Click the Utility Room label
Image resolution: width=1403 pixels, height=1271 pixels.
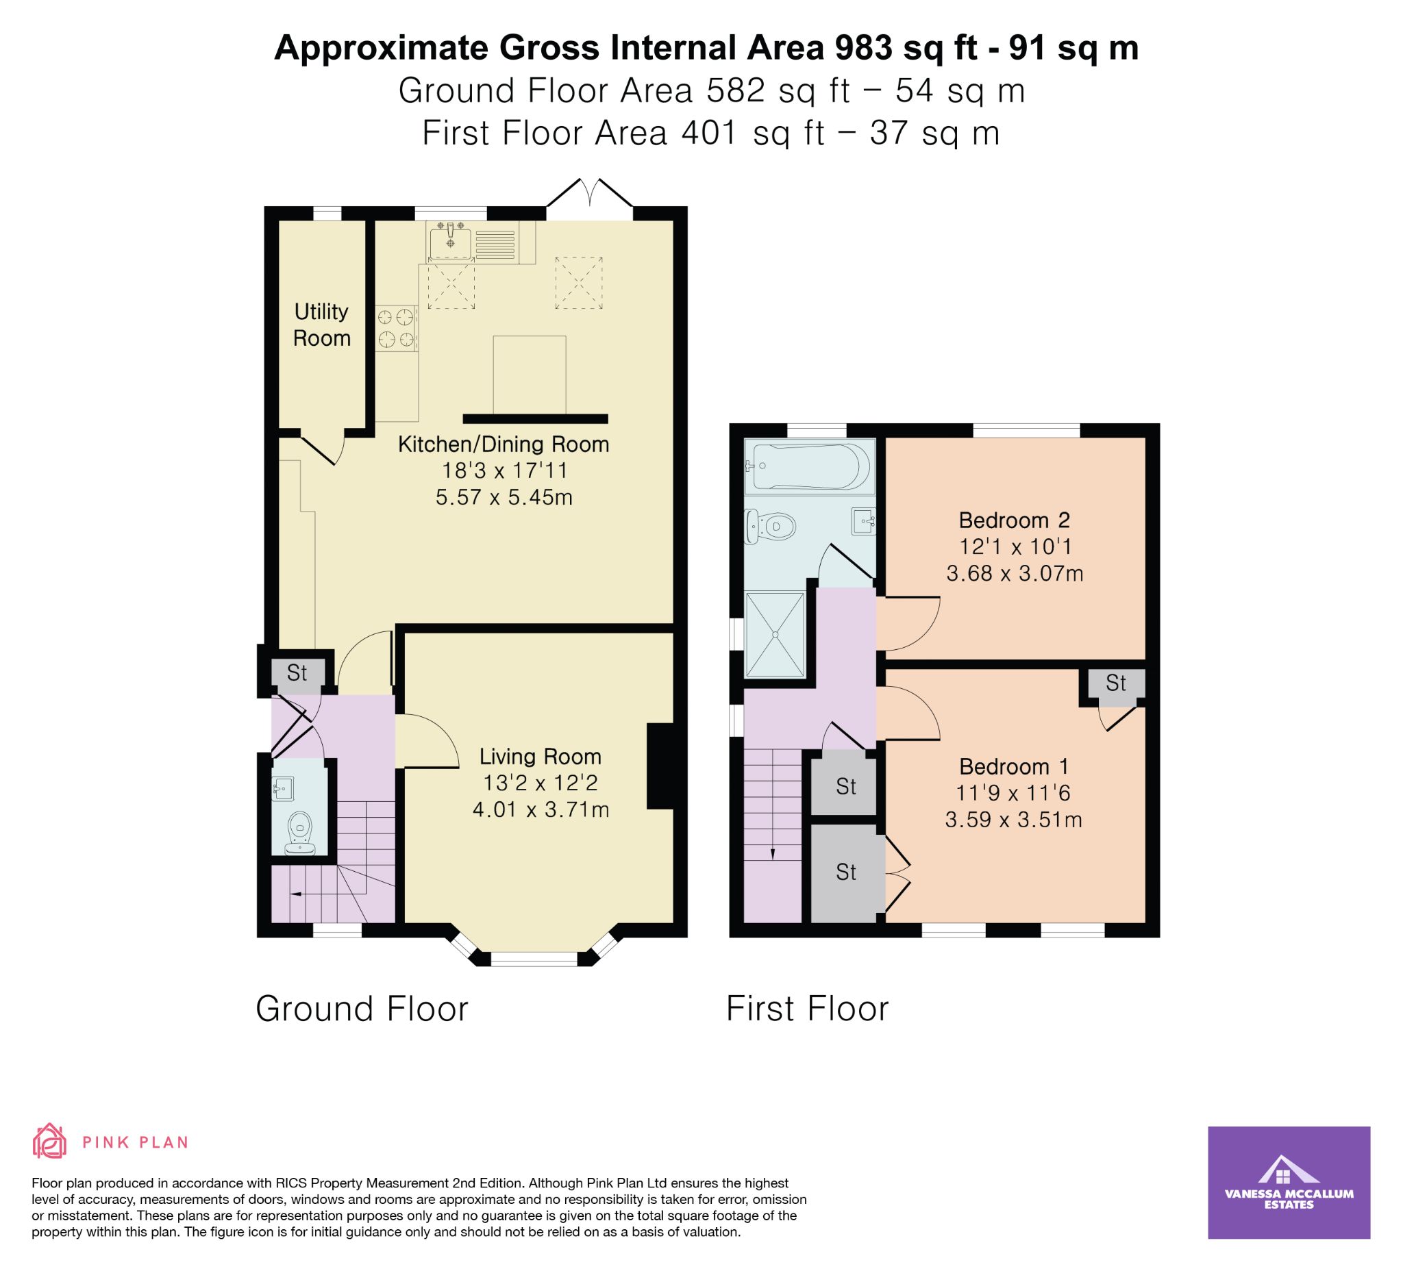pos(321,325)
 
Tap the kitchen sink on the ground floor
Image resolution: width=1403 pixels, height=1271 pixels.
pos(450,240)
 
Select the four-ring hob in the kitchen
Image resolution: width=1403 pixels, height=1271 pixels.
pos(396,328)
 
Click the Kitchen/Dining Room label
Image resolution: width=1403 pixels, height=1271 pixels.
pos(503,444)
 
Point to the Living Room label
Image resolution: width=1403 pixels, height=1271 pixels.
pos(540,756)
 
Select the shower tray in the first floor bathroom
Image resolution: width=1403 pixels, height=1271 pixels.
pos(775,633)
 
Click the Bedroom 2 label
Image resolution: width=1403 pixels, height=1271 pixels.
pos(1014,520)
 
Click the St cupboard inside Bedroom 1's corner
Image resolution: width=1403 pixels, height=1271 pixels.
pos(1115,683)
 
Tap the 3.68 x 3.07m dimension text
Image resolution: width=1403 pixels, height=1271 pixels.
pos(1015,573)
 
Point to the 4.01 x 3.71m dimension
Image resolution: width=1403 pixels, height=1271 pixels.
pos(541,809)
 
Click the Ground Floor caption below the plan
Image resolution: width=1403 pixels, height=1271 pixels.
pos(362,1008)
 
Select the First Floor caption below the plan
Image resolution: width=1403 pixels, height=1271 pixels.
pos(807,1008)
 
